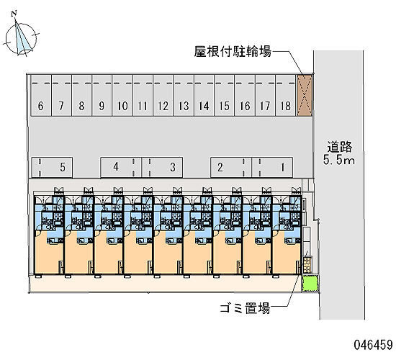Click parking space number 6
tap(41, 95)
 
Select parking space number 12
tap(163, 95)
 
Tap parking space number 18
tap(286, 95)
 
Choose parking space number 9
tap(102, 95)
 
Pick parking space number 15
tap(224, 95)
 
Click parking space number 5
tap(52, 167)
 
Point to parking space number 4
tap(121, 167)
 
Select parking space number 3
tap(162, 167)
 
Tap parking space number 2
tap(231, 167)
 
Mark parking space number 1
tap(272, 167)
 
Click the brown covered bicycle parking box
tap(305, 95)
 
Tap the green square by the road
tap(310, 284)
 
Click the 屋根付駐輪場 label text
tap(233, 52)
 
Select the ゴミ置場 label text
tap(245, 308)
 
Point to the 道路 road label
tap(339, 147)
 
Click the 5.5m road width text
tap(339, 160)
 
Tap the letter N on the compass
tap(14, 14)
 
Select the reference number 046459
tap(373, 345)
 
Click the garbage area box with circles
tap(307, 265)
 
